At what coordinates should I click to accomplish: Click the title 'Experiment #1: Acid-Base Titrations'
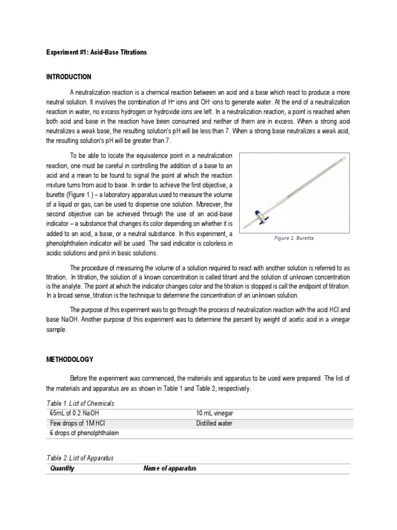click(x=97, y=52)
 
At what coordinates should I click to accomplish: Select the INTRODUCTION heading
click(x=69, y=77)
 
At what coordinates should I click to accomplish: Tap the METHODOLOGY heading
click(x=70, y=359)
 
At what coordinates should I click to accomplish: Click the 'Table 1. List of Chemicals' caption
click(x=80, y=403)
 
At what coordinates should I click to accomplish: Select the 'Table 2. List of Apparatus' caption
click(x=80, y=458)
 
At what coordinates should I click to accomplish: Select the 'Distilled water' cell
click(x=215, y=423)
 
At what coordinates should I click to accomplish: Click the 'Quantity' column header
click(x=63, y=468)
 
